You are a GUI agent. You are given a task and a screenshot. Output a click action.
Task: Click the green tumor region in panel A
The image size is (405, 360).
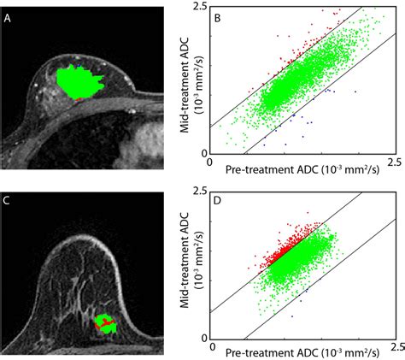77,82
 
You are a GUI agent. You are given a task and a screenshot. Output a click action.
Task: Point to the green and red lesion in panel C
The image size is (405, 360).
106,323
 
